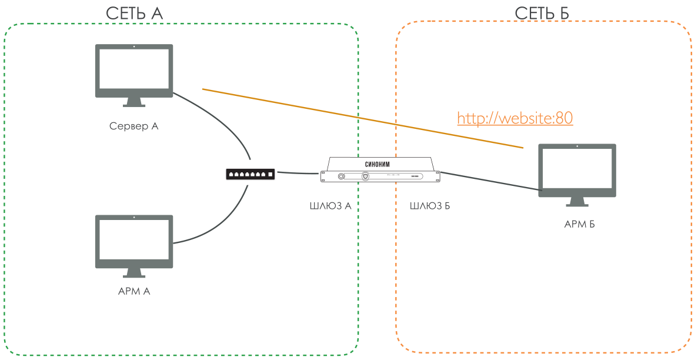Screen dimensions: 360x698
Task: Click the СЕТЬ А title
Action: coord(134,14)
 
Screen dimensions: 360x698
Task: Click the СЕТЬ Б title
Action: coord(542,14)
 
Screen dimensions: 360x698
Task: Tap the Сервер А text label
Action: coord(134,126)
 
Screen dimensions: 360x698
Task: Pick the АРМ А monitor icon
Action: coord(134,242)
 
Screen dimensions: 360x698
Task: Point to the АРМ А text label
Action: coord(134,291)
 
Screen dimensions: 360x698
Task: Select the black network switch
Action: coord(251,174)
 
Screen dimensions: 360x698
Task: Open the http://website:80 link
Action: coord(515,118)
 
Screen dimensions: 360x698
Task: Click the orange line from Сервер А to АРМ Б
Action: coord(353,116)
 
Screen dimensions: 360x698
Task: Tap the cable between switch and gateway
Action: coord(297,173)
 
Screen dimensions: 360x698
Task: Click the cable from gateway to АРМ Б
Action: coord(488,181)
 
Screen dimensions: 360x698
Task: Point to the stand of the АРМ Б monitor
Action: coord(577,201)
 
